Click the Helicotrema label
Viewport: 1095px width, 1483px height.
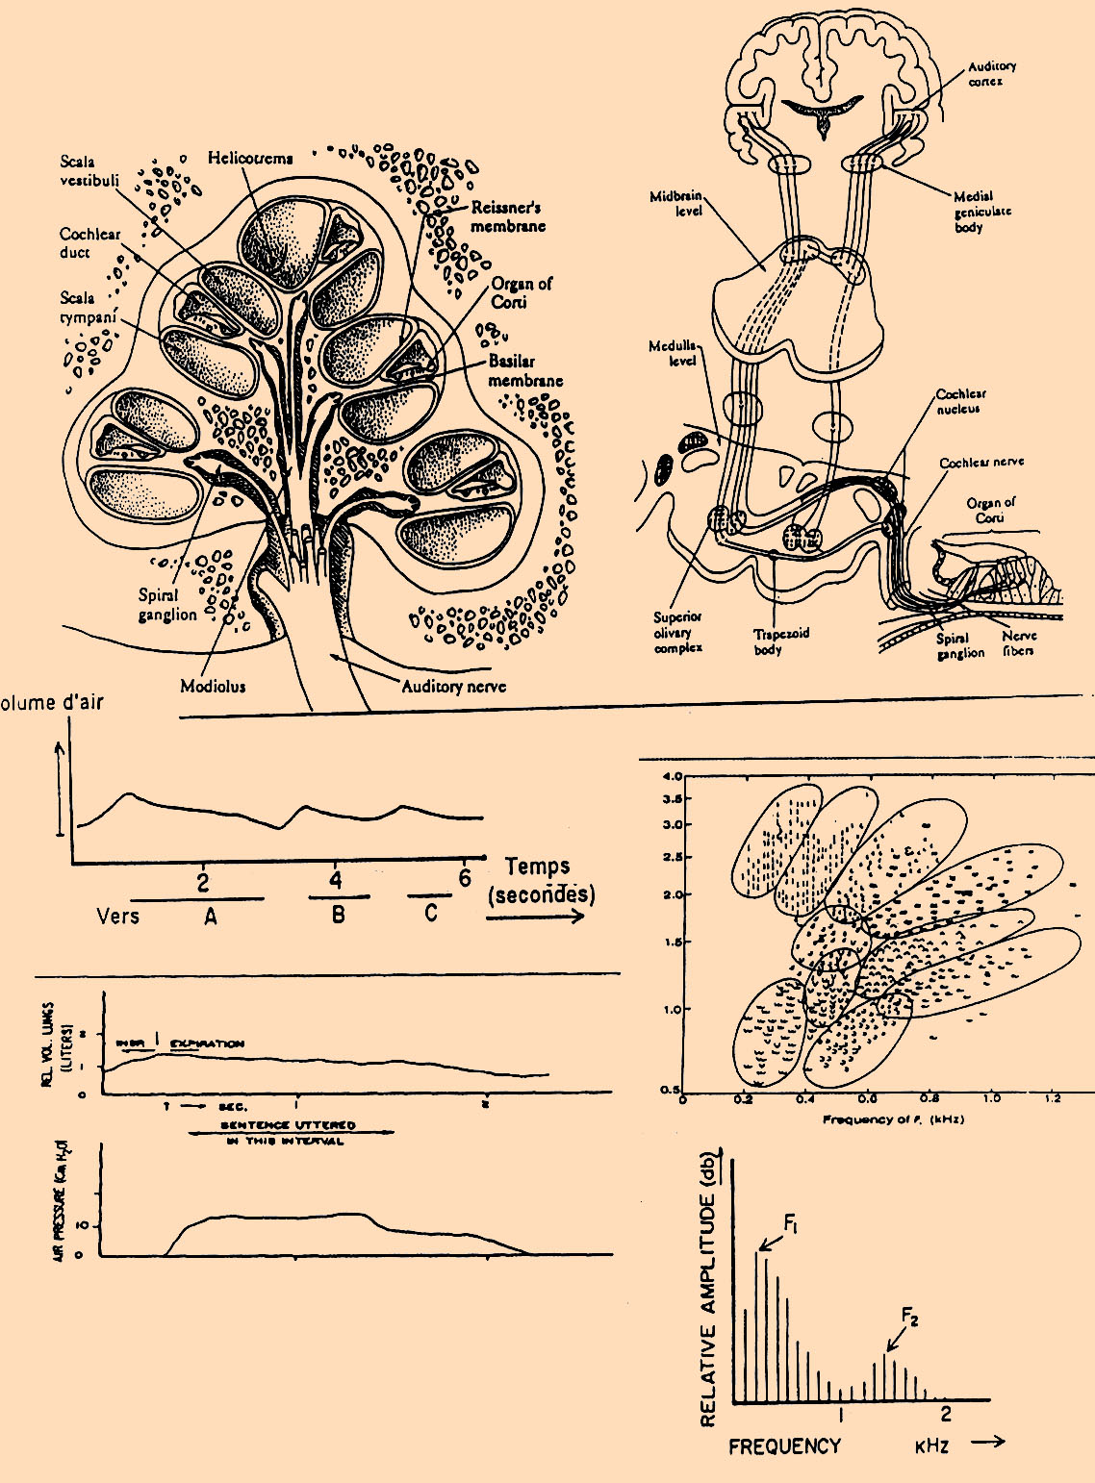250,158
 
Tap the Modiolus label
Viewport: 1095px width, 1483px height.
213,686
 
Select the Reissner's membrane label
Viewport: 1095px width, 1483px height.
507,216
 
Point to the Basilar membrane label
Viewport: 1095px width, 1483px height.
524,370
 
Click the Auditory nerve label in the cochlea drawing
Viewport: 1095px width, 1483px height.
453,686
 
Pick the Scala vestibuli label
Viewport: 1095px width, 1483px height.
89,170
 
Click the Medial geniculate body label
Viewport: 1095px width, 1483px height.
981,212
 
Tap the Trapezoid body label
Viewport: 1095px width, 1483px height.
780,641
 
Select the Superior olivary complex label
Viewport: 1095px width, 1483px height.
677,632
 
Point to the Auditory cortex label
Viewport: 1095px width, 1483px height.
991,73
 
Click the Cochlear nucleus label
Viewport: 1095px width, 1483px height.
960,401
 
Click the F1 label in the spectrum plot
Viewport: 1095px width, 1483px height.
791,1223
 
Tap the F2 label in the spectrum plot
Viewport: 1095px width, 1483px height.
909,1317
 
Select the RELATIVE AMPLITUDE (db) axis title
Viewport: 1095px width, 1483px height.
709,1289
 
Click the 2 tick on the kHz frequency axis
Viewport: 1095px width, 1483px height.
946,1413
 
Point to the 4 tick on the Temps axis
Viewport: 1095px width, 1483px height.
335,879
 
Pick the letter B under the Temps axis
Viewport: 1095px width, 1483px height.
338,915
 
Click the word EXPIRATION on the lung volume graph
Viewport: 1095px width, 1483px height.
207,1043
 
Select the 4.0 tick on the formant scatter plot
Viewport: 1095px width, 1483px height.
673,776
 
